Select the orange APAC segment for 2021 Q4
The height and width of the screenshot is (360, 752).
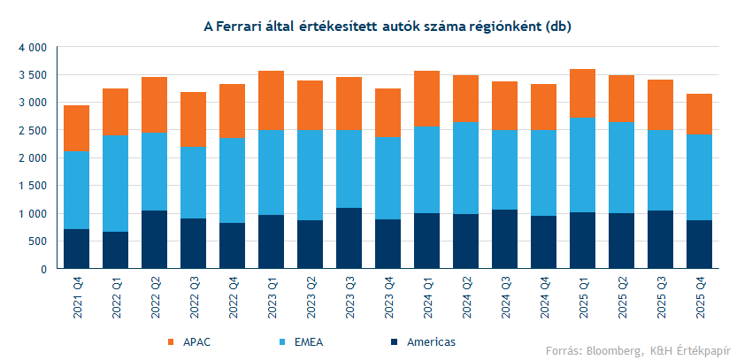(x=77, y=128)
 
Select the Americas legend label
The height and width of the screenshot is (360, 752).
(x=431, y=341)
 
